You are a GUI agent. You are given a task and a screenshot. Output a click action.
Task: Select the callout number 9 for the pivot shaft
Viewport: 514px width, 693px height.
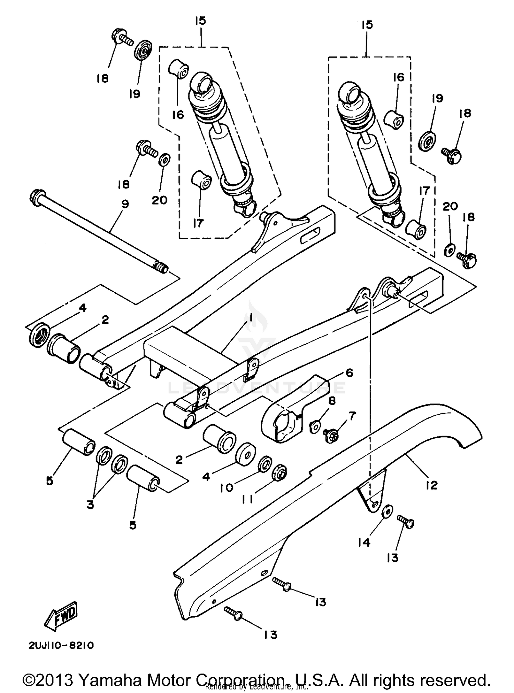pyautogui.click(x=125, y=204)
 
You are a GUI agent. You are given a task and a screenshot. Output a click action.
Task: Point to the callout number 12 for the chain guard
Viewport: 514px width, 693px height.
pyautogui.click(x=432, y=485)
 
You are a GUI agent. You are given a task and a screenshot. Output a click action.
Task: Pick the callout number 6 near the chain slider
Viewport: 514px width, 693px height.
pyautogui.click(x=349, y=373)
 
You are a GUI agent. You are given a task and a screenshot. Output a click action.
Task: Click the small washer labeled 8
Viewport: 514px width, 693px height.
pyautogui.click(x=315, y=427)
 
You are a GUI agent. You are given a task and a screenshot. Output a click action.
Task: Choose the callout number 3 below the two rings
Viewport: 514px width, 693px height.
pyautogui.click(x=90, y=504)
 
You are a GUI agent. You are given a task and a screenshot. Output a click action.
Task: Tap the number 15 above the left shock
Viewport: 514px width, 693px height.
pyautogui.click(x=200, y=21)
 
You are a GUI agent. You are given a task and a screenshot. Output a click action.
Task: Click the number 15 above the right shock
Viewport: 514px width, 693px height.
pyautogui.click(x=367, y=25)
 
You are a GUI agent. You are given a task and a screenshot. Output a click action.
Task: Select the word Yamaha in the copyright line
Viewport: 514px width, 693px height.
pyautogui.click(x=110, y=671)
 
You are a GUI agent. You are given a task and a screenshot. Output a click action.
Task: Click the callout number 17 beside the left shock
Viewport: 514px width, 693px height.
pyautogui.click(x=198, y=223)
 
